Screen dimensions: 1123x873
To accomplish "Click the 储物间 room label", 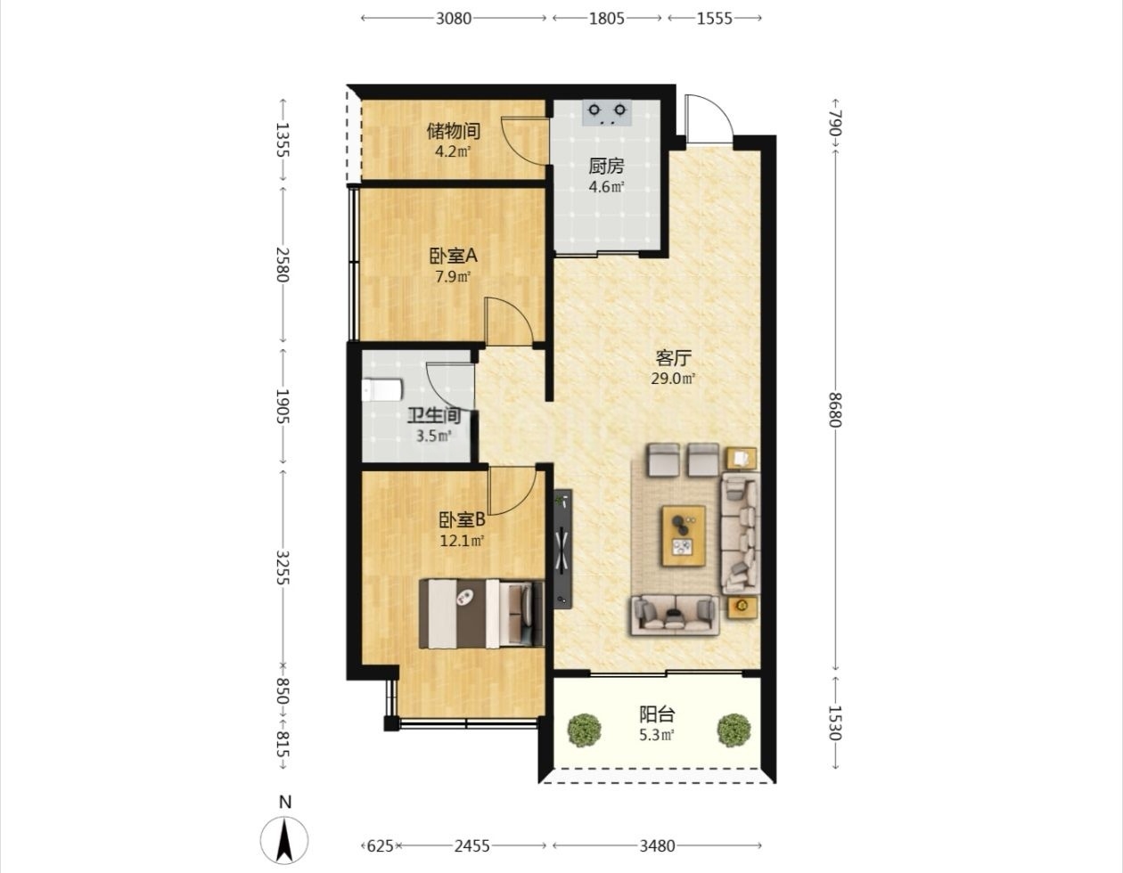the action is pyautogui.click(x=454, y=131).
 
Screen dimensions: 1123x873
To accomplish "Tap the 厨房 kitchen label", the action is pyautogui.click(x=606, y=166).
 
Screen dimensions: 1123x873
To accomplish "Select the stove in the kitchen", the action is pyautogui.click(x=607, y=113).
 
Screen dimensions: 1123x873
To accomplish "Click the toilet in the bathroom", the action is pyautogui.click(x=382, y=390).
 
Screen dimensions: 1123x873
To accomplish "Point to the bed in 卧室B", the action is pyautogui.click(x=481, y=614).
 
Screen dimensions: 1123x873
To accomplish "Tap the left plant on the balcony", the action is pyautogui.click(x=585, y=730).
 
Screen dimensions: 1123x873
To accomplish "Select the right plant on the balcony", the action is pyautogui.click(x=734, y=730).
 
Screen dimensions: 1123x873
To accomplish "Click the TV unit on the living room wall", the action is pyautogui.click(x=563, y=549).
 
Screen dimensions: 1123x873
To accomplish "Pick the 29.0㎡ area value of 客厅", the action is pyautogui.click(x=673, y=379).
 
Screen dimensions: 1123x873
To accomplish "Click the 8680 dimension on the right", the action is pyautogui.click(x=835, y=410).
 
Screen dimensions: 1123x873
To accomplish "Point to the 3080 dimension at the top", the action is pyautogui.click(x=454, y=19).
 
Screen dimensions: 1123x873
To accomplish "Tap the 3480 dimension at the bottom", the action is pyautogui.click(x=658, y=845).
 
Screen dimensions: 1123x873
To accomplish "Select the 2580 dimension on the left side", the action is pyautogui.click(x=283, y=265).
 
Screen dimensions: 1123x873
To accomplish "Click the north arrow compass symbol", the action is pyautogui.click(x=284, y=840).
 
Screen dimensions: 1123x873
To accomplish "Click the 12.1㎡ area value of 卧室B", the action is pyautogui.click(x=462, y=541).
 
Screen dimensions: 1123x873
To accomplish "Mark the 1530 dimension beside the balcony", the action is pyautogui.click(x=835, y=722).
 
